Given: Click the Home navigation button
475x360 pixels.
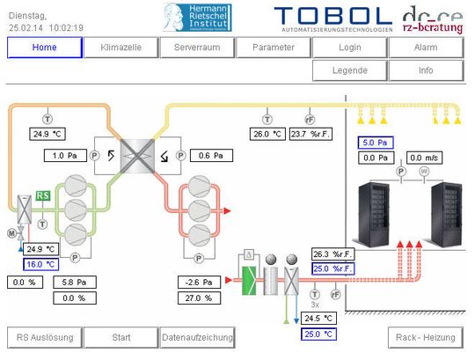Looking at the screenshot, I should coord(43,48).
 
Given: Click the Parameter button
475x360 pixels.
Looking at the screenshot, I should coord(273,48).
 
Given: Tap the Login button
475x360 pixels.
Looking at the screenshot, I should coord(349,48).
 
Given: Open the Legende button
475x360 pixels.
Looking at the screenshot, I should coord(349,70).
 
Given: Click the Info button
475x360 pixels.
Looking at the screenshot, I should coord(426,70).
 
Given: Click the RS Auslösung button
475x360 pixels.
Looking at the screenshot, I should coord(45,336).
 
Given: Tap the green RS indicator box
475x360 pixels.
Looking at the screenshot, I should coord(42,195).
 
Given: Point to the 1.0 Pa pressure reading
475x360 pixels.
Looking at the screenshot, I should coord(65,156).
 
